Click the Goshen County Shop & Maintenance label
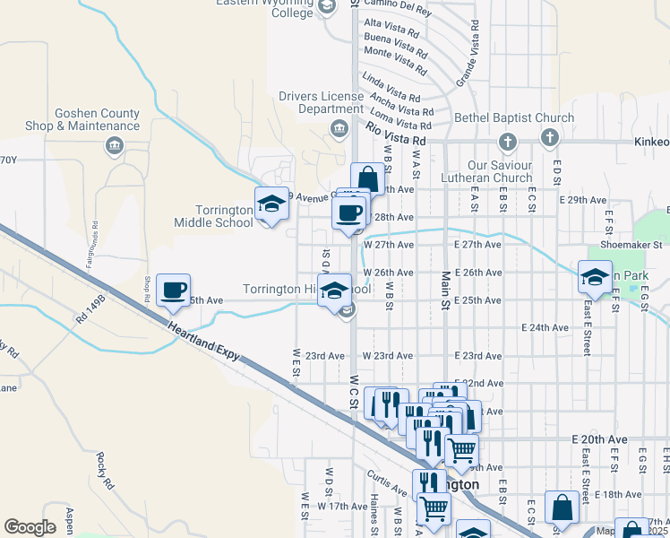pos(84,119)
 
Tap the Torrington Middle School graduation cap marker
pos(271,204)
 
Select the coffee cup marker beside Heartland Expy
pos(173,291)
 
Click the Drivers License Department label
pos(320,102)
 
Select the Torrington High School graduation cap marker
pos(334,291)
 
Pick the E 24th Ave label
pos(545,327)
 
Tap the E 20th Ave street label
pos(599,439)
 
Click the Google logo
pos(30,526)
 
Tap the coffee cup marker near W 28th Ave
pos(348,213)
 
